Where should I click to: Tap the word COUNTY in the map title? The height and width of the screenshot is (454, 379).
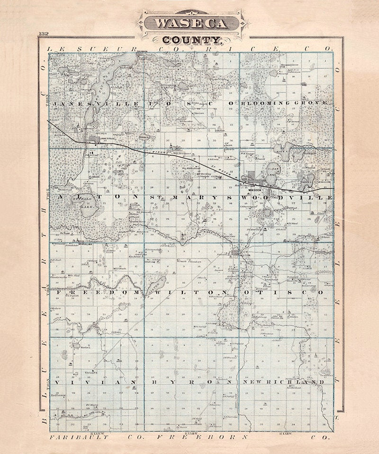191,41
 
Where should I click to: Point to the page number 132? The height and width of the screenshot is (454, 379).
45,34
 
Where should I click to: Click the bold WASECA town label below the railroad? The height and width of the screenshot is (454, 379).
255,186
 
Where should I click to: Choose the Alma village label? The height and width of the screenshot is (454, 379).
87,245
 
